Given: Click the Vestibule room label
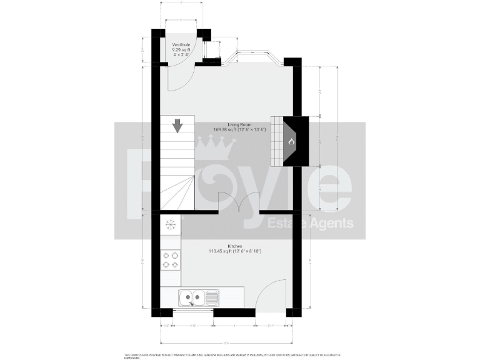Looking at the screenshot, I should click(x=181, y=44).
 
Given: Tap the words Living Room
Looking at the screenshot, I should click(x=239, y=124).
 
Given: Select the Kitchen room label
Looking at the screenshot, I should click(x=235, y=246).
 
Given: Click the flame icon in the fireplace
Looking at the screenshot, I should click(x=291, y=142).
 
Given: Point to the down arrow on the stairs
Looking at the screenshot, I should click(x=177, y=126).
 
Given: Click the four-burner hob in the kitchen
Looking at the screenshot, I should click(x=170, y=259).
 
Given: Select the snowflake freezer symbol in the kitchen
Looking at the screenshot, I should click(x=169, y=224).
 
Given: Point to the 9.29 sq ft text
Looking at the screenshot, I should click(x=181, y=49).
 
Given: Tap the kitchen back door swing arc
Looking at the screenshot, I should click(x=272, y=294).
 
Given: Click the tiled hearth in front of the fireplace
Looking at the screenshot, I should click(x=276, y=141).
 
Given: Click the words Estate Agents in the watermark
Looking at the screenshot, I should click(x=311, y=224).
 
